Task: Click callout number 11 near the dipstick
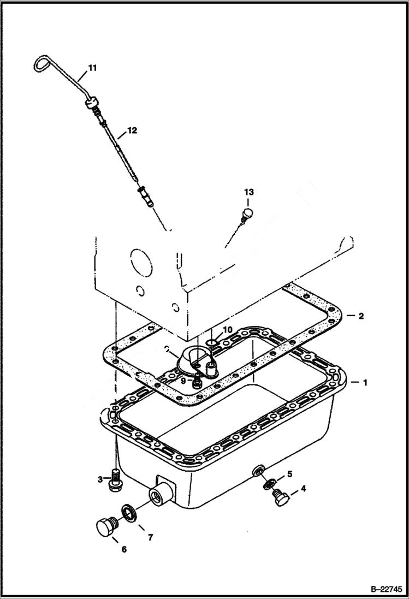(x=92, y=68)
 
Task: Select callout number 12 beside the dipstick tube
(x=133, y=131)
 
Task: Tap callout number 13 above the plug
(x=249, y=192)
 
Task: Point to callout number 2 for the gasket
(x=360, y=316)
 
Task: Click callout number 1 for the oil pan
(x=364, y=383)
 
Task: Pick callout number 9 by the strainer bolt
(x=183, y=381)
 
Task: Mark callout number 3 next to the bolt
(x=100, y=479)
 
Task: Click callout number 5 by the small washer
(x=289, y=473)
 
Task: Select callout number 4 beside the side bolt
(x=303, y=489)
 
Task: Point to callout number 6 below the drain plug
(x=124, y=549)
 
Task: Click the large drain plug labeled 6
(x=105, y=527)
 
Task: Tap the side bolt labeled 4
(x=280, y=496)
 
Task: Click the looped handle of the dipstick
(x=41, y=63)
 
